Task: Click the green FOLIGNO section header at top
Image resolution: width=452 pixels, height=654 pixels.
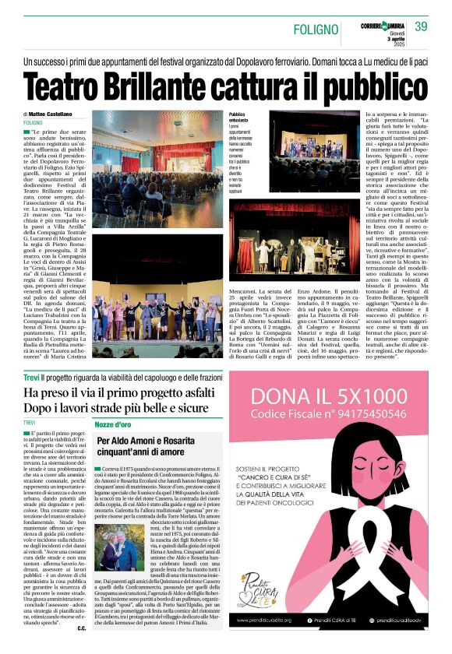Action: tap(316, 30)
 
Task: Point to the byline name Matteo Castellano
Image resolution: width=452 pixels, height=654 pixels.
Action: tap(56, 114)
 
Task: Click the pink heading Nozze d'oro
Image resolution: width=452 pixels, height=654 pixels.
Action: tap(113, 424)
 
